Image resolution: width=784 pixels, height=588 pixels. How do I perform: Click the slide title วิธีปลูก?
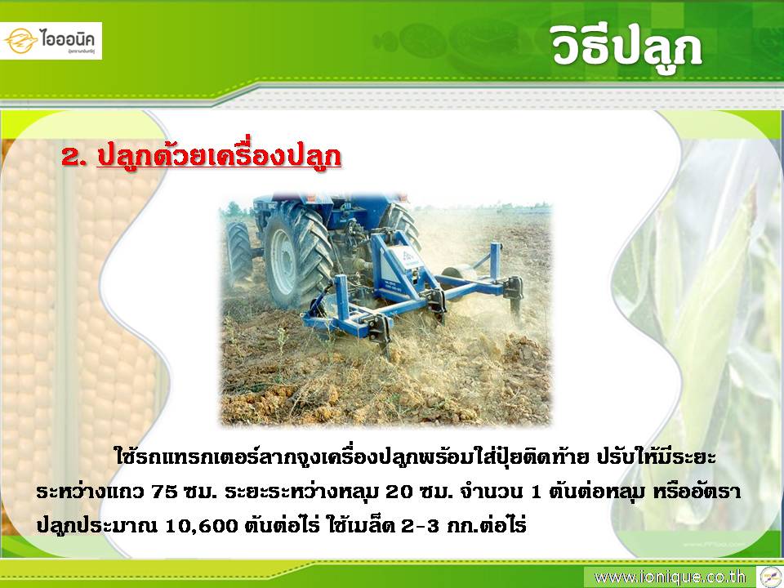(627, 47)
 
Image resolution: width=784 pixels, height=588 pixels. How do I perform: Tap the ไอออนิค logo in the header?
(51, 41)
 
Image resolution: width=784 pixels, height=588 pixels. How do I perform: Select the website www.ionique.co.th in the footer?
(670, 577)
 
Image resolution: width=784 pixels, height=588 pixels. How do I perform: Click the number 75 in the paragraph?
(164, 492)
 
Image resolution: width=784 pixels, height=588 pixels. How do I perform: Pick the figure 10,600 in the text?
(201, 526)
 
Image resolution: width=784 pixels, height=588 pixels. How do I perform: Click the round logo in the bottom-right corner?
(770, 577)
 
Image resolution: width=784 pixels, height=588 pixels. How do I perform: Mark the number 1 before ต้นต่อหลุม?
(537, 492)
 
